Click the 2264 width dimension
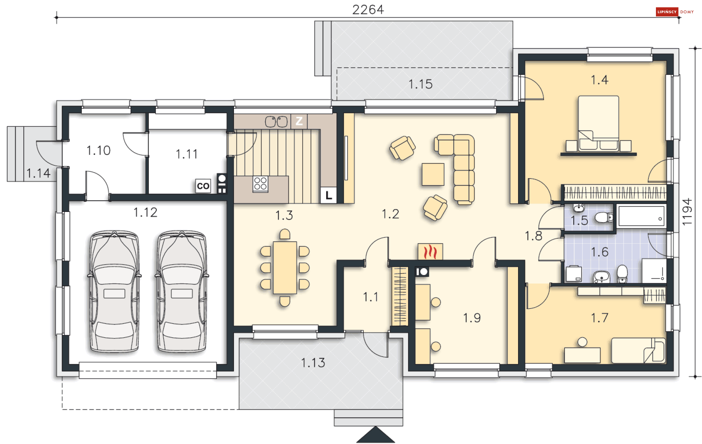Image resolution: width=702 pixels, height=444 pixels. pos(368,10)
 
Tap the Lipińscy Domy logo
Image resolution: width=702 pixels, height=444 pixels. pos(675,12)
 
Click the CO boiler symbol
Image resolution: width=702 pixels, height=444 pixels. pos(203,186)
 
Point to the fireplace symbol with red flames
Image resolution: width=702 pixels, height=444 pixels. pos(430,251)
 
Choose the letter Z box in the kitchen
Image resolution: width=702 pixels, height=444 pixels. pos(299,121)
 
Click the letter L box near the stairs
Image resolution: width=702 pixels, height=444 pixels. pos(329,196)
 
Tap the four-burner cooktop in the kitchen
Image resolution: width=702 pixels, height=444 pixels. pos(260,184)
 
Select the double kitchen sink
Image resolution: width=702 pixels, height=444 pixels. pos(276,122)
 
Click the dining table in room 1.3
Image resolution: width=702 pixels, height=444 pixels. pos(285,267)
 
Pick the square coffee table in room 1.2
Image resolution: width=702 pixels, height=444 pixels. pos(433,174)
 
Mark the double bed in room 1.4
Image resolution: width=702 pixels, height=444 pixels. pos(599,123)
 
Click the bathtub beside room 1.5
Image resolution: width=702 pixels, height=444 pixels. pos(641,216)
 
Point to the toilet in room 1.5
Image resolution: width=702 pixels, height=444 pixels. pos(604,218)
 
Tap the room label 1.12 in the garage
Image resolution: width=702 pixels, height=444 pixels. pos(145,212)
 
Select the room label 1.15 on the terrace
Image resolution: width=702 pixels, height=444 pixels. pos(420,84)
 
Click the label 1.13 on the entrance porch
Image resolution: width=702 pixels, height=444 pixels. pos(313,363)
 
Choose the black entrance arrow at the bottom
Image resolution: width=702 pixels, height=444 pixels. pos(375,435)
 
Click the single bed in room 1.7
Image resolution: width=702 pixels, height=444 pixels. pos(638,350)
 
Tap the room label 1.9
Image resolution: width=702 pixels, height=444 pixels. pos(472,318)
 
